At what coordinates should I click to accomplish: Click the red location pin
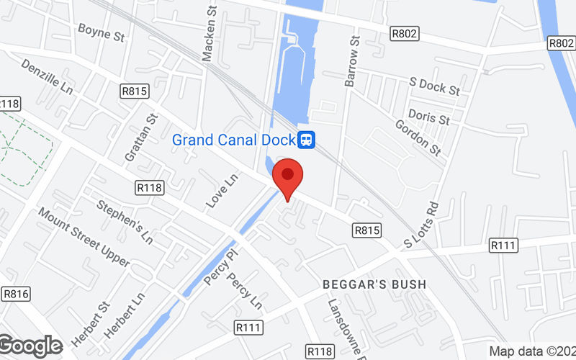(288, 176)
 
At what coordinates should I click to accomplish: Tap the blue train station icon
(307, 139)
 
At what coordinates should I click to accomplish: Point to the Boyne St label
(102, 30)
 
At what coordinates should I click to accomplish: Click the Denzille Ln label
(48, 77)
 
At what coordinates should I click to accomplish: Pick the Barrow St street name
(352, 62)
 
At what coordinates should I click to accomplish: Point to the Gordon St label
(418, 137)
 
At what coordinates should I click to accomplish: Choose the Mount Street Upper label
(84, 238)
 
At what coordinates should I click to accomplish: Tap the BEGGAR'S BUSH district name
(374, 284)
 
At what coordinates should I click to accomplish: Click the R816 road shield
(15, 293)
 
